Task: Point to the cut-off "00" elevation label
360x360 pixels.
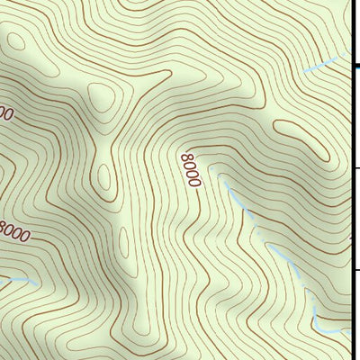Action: [x=4, y=114]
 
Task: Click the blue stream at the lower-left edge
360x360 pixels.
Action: [x=18, y=280]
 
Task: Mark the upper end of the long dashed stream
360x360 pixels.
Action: [x=221, y=180]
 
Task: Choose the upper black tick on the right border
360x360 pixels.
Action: [x=355, y=167]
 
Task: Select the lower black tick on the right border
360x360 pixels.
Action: [x=355, y=269]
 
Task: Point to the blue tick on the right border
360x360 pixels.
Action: [x=355, y=67]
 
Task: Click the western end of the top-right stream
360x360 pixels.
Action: [x=304, y=70]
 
